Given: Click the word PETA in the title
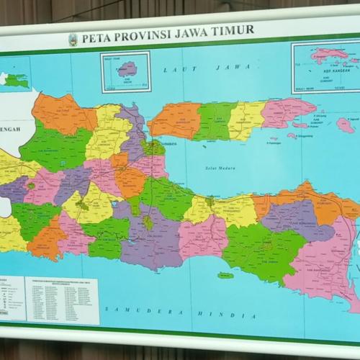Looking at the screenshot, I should (95, 37).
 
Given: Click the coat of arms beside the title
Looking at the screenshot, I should (73, 39).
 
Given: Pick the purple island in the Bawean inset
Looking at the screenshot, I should (128, 69).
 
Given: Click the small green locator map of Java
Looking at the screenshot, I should (16, 79).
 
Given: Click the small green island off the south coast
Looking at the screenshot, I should (225, 275).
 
